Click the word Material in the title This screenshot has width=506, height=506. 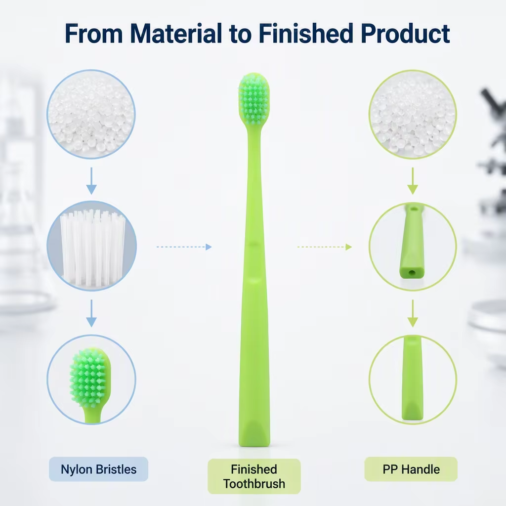coord(176,33)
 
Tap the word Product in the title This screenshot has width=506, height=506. coord(405,33)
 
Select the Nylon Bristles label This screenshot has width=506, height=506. coord(98,469)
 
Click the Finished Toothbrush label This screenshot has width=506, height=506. coord(254,476)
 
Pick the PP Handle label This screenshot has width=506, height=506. coord(411,469)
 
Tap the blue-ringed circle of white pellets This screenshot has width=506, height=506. coord(91,114)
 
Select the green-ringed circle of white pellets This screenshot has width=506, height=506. coord(413,114)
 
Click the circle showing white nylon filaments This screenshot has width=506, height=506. coord(91,246)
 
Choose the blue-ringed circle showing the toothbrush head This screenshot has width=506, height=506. coord(91,379)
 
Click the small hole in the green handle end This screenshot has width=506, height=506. coord(412,273)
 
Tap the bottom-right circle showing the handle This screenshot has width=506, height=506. coord(413,379)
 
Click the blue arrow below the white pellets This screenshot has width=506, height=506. coord(91,181)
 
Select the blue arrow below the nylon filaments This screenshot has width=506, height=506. coord(91,313)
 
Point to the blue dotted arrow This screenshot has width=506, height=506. coord(184,247)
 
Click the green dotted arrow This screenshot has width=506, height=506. coord(324,247)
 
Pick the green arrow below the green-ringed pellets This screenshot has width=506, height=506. coord(413,181)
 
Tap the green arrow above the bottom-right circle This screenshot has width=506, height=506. coord(413,313)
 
